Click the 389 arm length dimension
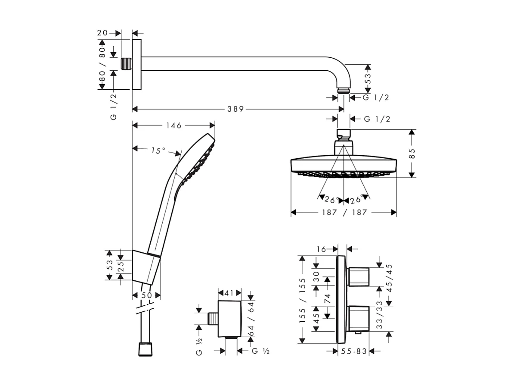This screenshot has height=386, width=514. coord(235,109)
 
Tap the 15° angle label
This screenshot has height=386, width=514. coord(158,151)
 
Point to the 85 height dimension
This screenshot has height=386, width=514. coord(412,154)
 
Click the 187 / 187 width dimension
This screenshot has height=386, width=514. coord(344,212)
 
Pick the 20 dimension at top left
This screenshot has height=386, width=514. coord(102,33)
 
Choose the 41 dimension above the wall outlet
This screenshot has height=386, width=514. coord(229,293)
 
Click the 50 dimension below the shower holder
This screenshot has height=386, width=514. coord(146,295)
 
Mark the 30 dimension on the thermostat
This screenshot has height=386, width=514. coord(316,276)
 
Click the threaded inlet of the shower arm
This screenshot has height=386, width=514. coord(126,64)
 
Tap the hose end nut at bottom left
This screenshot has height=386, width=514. coord(146,349)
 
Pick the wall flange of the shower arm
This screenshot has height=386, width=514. coord(136,65)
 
